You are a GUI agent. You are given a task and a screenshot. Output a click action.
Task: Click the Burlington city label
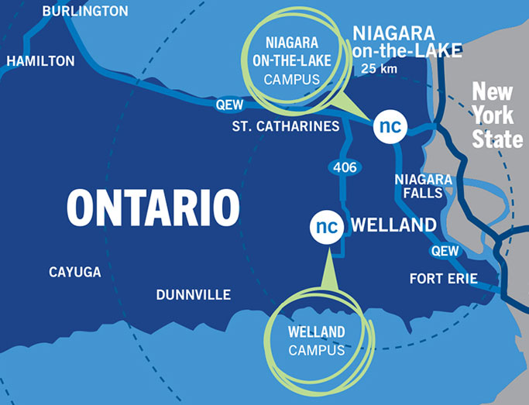pos(85,11)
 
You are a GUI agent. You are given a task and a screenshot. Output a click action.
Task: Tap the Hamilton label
pos(40,60)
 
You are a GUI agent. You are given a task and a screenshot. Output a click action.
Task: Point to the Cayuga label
pos(74,272)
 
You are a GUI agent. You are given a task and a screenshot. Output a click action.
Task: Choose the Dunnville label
pos(194,295)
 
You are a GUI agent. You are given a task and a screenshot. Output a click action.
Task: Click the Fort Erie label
pos(444,279)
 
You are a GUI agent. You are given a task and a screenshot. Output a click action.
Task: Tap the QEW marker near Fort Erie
pos(445,250)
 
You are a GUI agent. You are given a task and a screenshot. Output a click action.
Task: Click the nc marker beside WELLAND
pos(328,226)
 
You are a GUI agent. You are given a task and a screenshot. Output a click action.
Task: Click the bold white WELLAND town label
pos(393,226)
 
